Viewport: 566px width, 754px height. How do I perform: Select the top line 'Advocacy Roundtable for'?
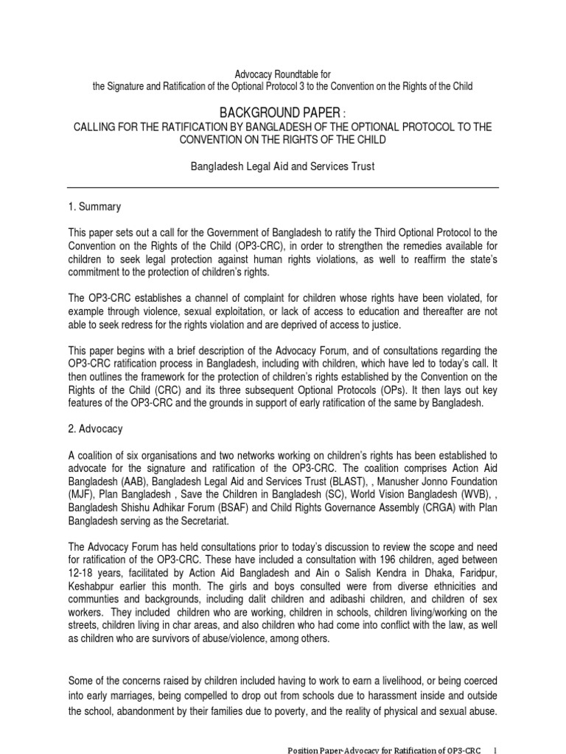(282, 74)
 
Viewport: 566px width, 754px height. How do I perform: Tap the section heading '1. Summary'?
(94, 208)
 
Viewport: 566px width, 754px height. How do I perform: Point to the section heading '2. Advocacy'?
(95, 428)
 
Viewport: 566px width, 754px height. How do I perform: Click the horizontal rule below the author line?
(283, 187)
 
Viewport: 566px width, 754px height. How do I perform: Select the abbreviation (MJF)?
(80, 493)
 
